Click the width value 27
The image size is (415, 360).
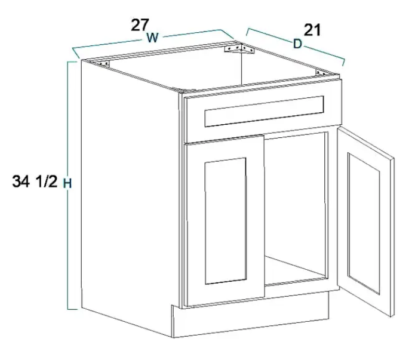click(x=140, y=25)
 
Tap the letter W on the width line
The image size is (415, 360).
click(x=153, y=38)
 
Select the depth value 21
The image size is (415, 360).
click(x=312, y=30)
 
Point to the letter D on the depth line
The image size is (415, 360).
click(x=297, y=44)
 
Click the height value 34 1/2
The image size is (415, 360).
click(x=35, y=182)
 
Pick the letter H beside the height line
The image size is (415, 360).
click(x=67, y=183)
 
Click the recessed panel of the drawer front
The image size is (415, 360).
click(x=264, y=111)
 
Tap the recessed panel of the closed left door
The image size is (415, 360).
click(x=226, y=221)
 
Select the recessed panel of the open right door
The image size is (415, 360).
click(x=364, y=223)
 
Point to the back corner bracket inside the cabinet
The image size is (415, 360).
click(x=239, y=49)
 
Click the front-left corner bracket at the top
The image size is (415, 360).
click(x=103, y=64)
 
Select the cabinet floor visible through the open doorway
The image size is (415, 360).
click(x=295, y=270)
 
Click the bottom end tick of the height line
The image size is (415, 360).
click(x=72, y=309)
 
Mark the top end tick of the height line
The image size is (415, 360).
click(x=72, y=61)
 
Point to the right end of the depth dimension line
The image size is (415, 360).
click(x=344, y=61)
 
